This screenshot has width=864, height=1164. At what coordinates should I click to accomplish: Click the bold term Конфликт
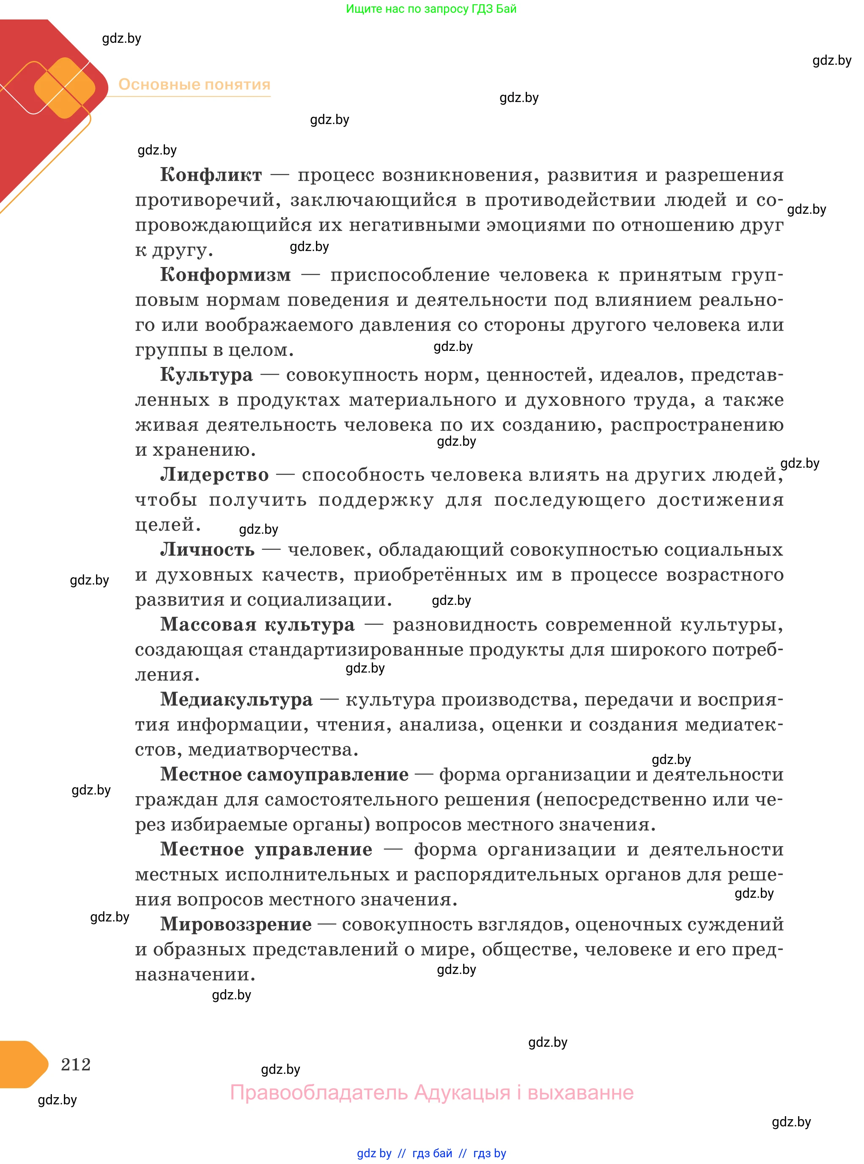(211, 175)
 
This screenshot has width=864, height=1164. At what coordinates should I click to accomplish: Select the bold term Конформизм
(225, 275)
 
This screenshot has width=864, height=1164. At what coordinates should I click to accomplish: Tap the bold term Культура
(206, 375)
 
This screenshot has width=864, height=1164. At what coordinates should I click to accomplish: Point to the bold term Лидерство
(214, 475)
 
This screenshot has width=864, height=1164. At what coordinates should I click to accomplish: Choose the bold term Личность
(207, 549)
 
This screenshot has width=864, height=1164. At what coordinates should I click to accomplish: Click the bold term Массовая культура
(257, 624)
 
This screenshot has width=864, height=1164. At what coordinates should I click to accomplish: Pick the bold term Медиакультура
(236, 699)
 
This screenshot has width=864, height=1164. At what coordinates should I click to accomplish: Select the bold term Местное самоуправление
(284, 774)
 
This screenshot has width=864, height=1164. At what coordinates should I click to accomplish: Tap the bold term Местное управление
(266, 849)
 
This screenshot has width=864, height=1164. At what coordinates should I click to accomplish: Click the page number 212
(76, 1064)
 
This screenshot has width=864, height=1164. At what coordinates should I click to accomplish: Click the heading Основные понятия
(194, 85)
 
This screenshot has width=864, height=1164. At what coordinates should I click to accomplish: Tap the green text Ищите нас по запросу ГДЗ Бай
(431, 9)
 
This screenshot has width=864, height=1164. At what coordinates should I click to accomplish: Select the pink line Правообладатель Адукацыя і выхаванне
(431, 1093)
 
